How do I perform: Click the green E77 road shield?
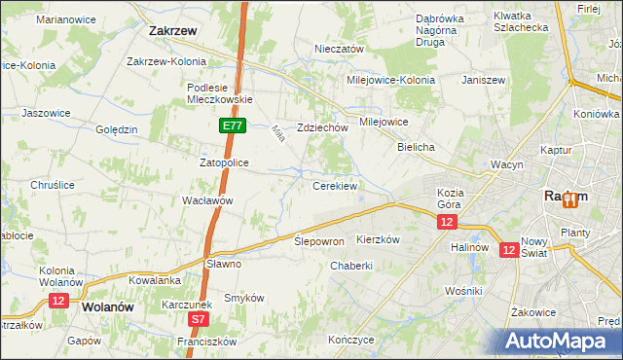[232, 126]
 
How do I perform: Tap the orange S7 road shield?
[199, 318]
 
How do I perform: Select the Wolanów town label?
[108, 306]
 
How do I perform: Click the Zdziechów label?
[322, 127]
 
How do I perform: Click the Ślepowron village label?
[319, 240]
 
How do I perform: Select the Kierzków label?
[380, 238]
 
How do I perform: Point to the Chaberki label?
[351, 266]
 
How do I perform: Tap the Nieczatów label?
[339, 49]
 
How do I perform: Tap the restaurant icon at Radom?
[568, 198]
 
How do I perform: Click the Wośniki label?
[463, 291]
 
